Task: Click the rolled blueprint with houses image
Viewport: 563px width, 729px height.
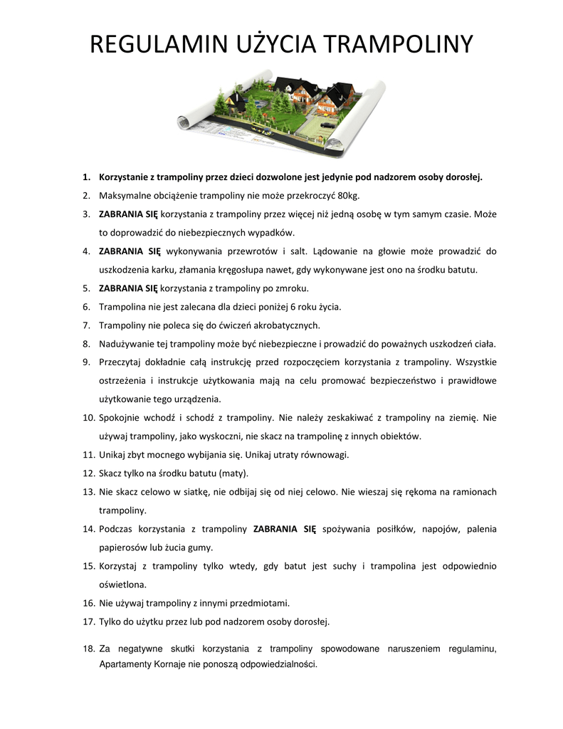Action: coord(281,111)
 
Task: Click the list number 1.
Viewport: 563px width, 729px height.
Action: coord(86,177)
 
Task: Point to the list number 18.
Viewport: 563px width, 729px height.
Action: coord(88,649)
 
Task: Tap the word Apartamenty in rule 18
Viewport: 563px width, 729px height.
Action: coord(125,664)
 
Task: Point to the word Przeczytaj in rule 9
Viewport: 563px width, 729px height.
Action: coord(122,362)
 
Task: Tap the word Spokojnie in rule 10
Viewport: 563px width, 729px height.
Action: coord(120,417)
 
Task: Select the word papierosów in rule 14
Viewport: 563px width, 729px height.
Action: coord(124,547)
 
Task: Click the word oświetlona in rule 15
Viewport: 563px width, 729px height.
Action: coord(122,584)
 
